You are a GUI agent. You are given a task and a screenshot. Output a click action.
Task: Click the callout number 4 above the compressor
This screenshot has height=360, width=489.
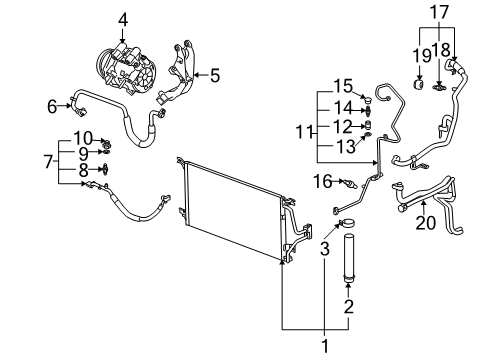[123, 19]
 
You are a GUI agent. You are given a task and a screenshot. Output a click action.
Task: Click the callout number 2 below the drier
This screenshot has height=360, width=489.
[349, 305]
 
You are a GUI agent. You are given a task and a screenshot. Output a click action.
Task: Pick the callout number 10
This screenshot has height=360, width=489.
[83, 137]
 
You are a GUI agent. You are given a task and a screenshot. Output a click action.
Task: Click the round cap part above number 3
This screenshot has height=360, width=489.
[348, 223]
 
